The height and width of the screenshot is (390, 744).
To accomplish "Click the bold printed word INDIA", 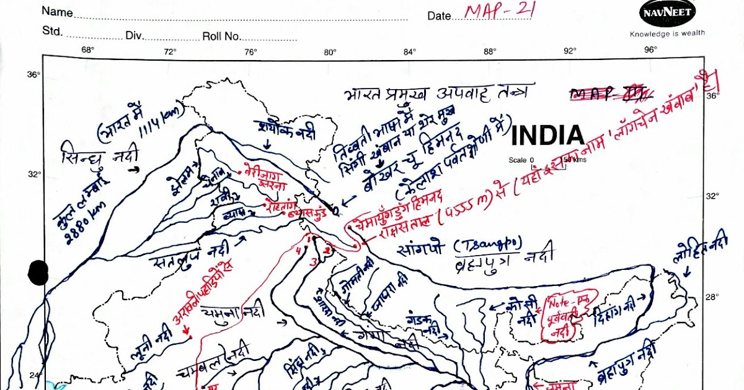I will tap(547, 136).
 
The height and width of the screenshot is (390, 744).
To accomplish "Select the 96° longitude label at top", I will tap(650, 51).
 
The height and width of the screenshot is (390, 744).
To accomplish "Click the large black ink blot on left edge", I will tap(38, 272).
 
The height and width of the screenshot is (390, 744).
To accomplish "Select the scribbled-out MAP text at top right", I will tap(611, 94).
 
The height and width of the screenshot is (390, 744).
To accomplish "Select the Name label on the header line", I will tap(57, 12).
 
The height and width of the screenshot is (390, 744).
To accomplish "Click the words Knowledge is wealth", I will tap(667, 34).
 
